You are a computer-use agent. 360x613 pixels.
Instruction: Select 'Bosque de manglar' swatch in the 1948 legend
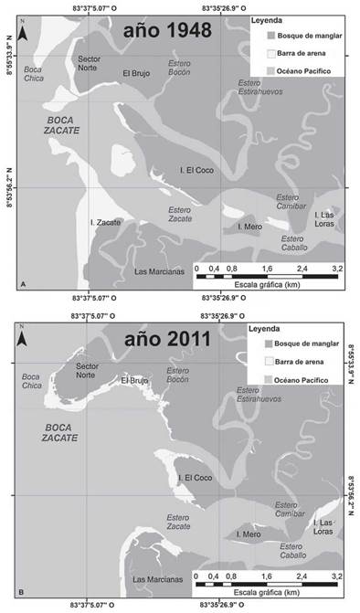tap(259, 35)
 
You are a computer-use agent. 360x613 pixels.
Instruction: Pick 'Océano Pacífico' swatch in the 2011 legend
tap(259, 377)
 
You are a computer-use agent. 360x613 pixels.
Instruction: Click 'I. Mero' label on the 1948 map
tap(250, 226)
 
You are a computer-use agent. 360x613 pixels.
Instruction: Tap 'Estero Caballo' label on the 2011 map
tap(293, 551)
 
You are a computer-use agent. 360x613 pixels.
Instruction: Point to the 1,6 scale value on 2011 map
tap(267, 576)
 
